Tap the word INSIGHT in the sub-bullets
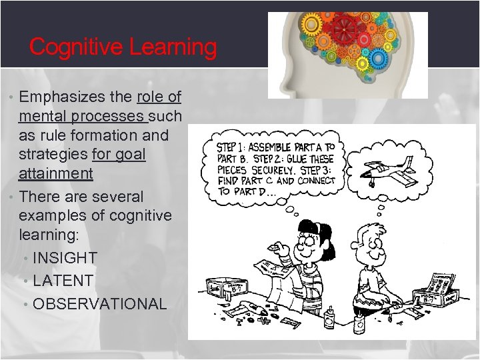(65, 257)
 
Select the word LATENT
(63, 281)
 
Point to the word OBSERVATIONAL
(99, 304)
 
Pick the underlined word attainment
(56, 173)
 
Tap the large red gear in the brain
(343, 30)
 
